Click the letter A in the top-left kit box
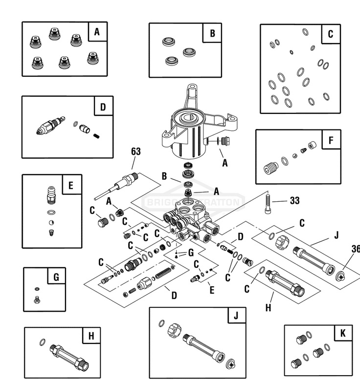97,32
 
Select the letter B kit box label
212,33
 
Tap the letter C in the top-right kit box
331,34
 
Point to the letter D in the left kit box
103,106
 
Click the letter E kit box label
71,185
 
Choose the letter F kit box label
331,141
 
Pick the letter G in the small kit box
56,277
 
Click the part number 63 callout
135,151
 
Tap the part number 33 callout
294,200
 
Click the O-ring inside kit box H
42,342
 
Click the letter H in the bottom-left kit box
91,336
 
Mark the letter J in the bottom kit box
236,316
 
